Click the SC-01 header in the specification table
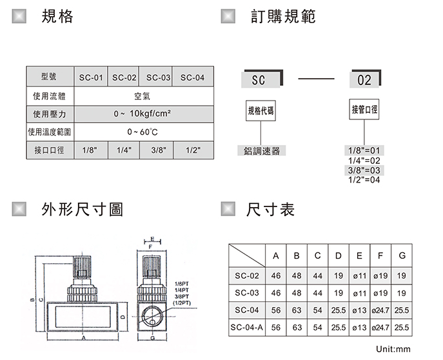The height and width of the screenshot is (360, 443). tap(91, 78)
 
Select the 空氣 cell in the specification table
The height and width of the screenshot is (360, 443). tap(142, 97)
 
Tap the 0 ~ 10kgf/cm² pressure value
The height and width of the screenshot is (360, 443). tap(142, 114)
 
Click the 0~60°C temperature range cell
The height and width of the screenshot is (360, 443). tap(142, 132)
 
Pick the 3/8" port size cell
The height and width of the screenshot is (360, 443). tap(159, 150)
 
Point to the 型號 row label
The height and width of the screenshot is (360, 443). tap(49, 77)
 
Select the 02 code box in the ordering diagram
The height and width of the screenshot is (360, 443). tap(364, 81)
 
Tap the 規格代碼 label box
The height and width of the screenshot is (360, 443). tap(261, 110)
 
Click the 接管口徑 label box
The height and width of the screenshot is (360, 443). tap(364, 110)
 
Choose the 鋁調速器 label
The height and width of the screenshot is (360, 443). tap(261, 151)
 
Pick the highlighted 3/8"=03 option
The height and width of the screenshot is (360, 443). tap(364, 170)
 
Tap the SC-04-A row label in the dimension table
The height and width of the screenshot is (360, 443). tap(247, 328)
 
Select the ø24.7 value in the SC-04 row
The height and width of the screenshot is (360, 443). tap(380, 310)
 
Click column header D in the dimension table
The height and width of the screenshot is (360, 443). tap(339, 256)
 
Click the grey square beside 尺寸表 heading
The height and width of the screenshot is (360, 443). tap(228, 210)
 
